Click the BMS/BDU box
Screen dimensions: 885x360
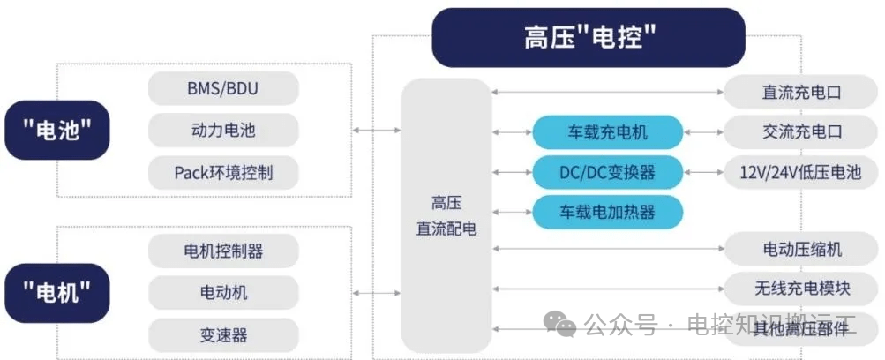tap(223, 88)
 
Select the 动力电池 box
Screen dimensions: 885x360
tap(223, 131)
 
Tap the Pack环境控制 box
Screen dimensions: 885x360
tap(223, 172)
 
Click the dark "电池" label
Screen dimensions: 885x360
tap(57, 131)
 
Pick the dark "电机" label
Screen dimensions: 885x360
tap(57, 293)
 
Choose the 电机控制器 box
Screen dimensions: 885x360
tap(223, 251)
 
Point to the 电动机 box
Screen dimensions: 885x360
tap(223, 293)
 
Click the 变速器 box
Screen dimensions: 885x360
tap(223, 335)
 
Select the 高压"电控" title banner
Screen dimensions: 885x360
tap(589, 38)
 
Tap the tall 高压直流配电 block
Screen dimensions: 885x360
tap(446, 215)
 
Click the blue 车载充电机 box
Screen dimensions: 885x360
tap(608, 132)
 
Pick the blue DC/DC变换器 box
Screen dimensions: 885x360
tap(608, 172)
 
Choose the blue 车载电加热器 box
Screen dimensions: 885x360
tap(608, 212)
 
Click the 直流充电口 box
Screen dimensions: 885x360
tap(802, 92)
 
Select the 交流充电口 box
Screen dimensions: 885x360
tap(802, 132)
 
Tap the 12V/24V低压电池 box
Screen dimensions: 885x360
tap(802, 172)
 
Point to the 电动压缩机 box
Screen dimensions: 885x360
tap(802, 248)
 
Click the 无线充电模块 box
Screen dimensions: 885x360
tap(802, 289)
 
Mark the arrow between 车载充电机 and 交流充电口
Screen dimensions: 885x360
tap(704, 132)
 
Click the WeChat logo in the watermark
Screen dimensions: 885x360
tap(559, 325)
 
